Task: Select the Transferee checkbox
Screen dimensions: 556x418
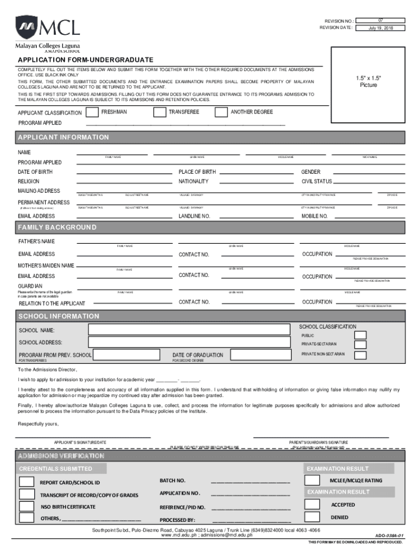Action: tap(160, 112)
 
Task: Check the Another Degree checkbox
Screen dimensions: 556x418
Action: tap(221, 112)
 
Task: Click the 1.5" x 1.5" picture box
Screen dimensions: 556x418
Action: tap(368, 84)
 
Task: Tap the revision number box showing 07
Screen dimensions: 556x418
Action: tap(381, 20)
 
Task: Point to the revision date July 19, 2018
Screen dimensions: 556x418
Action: tap(381, 28)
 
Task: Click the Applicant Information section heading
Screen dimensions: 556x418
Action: tap(64, 137)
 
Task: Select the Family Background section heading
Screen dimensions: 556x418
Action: tap(57, 227)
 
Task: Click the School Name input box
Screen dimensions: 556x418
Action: tap(191, 330)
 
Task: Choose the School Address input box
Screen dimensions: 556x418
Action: tap(191, 343)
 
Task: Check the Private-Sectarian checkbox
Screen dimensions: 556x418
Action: tap(360, 345)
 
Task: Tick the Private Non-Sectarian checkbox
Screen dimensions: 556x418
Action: tap(360, 355)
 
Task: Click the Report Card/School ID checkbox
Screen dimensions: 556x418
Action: tap(26, 482)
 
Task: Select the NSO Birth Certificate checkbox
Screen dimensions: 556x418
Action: tap(26, 506)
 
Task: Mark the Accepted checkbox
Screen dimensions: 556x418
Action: tap(312, 504)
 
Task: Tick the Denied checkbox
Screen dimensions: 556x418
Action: tap(312, 517)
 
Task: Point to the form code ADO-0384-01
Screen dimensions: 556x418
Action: tap(389, 535)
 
